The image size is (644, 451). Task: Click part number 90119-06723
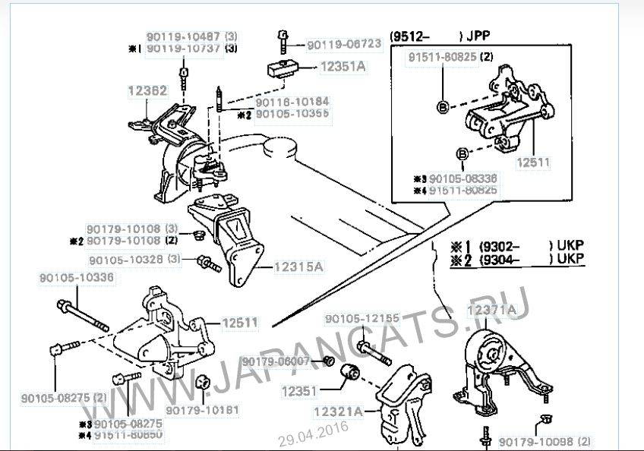(344, 44)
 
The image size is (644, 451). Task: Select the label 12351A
(342, 67)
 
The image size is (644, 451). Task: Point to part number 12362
(147, 91)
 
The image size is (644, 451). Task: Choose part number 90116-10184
(292, 102)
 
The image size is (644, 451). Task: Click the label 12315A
(298, 266)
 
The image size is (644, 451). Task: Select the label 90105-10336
(77, 278)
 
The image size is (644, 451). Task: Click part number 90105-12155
(362, 319)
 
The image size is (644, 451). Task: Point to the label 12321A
(338, 413)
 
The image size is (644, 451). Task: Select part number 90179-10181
(202, 410)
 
